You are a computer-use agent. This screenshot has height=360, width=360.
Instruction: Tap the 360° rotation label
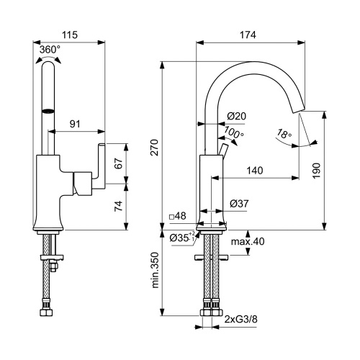click(50, 49)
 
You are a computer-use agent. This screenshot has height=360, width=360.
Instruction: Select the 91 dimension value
click(74, 124)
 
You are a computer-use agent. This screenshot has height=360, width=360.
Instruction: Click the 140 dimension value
click(254, 171)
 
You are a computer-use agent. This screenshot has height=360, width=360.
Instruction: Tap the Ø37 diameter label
click(238, 204)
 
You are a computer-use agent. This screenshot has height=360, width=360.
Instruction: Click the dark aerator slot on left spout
click(48, 111)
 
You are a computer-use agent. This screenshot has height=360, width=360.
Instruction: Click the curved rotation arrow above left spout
click(48, 60)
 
